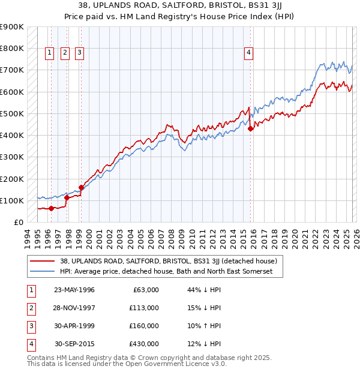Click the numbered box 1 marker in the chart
pyautogui.click(x=50, y=53)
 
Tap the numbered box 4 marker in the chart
pyautogui.click(x=248, y=53)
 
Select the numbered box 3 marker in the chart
pyautogui.click(x=79, y=53)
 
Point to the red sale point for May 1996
pyautogui.click(x=52, y=208)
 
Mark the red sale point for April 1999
pyautogui.click(x=81, y=187)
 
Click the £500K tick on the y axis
pyautogui.click(x=12, y=113)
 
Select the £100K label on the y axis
pyautogui.click(x=12, y=200)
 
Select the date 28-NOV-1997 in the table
pyautogui.click(x=74, y=308)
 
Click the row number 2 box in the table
pyautogui.click(x=29, y=308)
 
